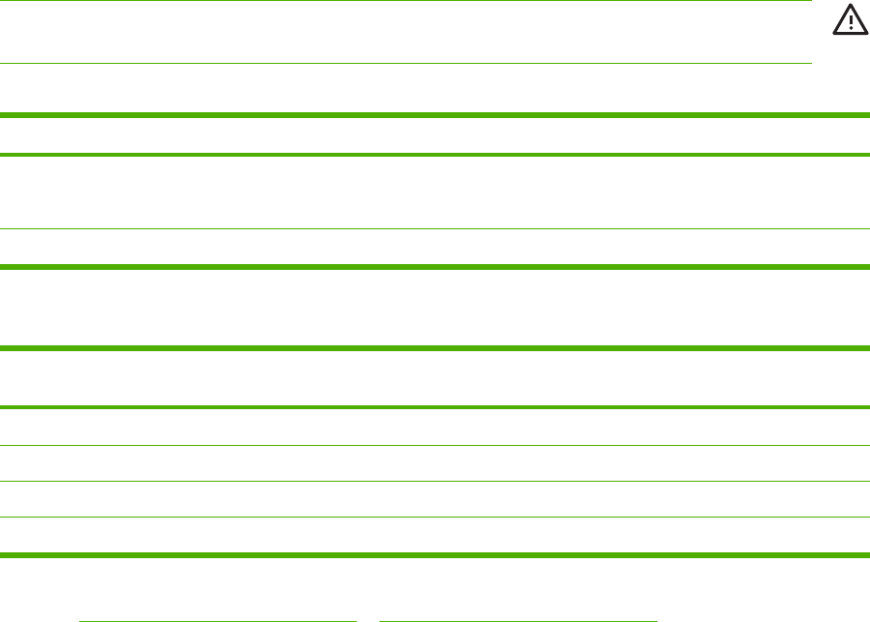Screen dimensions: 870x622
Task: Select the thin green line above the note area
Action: [405, 1]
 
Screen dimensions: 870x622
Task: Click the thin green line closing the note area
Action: [405, 64]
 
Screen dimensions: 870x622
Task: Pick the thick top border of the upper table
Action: [435, 115]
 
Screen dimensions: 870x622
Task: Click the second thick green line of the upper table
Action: [435, 154]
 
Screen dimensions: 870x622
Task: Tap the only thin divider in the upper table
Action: [435, 228]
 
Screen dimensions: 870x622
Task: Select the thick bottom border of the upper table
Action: [435, 266]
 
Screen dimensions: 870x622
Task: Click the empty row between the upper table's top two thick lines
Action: [435, 134]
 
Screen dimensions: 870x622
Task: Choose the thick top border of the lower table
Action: [435, 348]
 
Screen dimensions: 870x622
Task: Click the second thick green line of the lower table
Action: [435, 407]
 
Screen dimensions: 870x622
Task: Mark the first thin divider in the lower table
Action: [435, 445]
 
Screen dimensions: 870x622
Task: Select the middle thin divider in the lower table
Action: [435, 481]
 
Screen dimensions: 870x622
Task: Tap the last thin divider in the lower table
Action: [435, 518]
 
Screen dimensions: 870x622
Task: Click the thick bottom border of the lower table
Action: [435, 555]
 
